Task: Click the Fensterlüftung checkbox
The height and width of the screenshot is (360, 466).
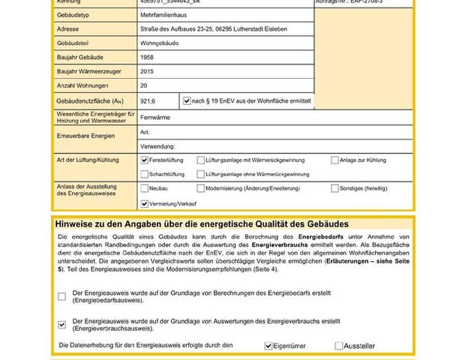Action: [x=145, y=160]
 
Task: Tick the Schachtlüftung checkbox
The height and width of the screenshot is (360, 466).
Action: [x=145, y=174]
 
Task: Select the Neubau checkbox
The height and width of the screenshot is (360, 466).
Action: [x=145, y=189]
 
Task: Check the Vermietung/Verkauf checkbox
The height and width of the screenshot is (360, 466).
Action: [x=145, y=203]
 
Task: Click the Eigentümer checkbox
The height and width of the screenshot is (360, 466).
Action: [x=269, y=346]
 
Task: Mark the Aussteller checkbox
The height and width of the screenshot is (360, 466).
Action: [x=339, y=346]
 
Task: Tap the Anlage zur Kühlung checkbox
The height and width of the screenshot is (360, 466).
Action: [x=335, y=160]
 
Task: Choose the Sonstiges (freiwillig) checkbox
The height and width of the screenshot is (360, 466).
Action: [x=335, y=189]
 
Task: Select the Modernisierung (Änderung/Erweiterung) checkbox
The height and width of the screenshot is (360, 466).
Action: [x=200, y=189]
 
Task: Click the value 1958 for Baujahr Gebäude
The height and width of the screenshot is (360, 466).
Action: [x=148, y=57]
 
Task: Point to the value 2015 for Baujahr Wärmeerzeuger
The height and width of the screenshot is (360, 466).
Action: [x=148, y=71]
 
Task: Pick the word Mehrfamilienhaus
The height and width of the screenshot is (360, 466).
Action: [x=164, y=14]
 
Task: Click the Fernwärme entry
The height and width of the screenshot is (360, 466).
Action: [x=155, y=117]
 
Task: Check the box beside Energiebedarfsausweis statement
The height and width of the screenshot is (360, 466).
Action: [x=62, y=296]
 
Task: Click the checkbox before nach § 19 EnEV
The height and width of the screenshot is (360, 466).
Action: [x=187, y=100]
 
